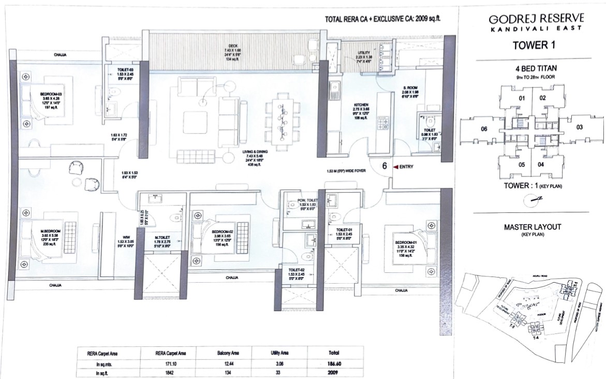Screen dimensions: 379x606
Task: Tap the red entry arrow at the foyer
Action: (x=396, y=167)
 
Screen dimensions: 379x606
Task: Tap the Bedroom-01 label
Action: (x=404, y=243)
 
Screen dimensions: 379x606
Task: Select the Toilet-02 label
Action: (x=298, y=270)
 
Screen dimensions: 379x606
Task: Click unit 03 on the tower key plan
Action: (x=580, y=126)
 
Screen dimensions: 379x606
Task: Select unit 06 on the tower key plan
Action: (x=484, y=129)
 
